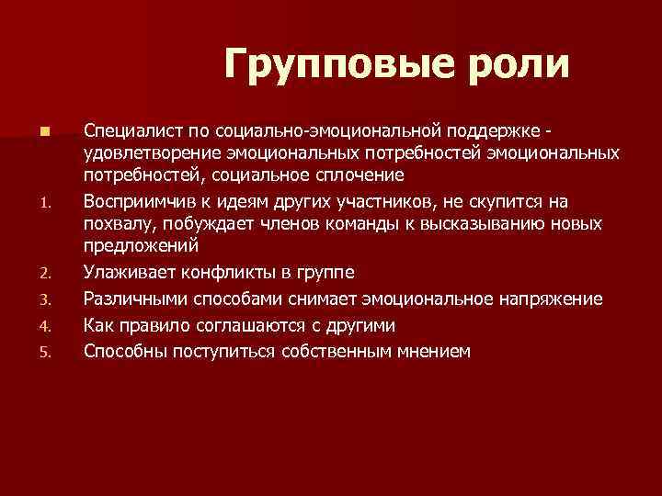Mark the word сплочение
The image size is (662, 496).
coord(353,175)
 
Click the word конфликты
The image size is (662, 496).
coord(219,273)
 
